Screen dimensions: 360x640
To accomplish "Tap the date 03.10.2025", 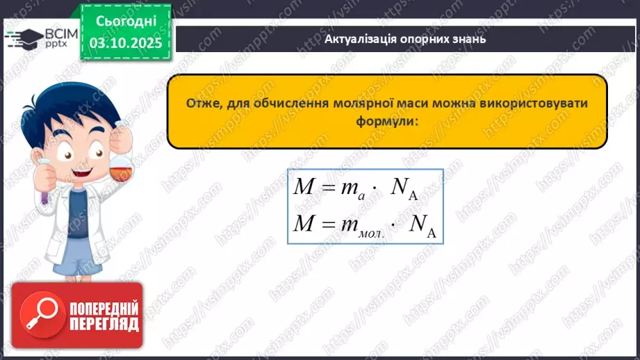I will pyautogui.click(x=126, y=43).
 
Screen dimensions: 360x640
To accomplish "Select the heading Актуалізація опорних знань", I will pyautogui.click(x=405, y=39).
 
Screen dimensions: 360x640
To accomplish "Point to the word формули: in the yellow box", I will pyautogui.click(x=388, y=120).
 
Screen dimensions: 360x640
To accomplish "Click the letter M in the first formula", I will pyautogui.click(x=304, y=189).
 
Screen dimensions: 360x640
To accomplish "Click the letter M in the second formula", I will pyautogui.click(x=304, y=223).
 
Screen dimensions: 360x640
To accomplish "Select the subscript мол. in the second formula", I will pyautogui.click(x=370, y=231).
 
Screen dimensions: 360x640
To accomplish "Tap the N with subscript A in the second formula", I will pyautogui.click(x=420, y=224).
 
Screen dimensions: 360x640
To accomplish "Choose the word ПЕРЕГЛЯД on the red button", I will pyautogui.click(x=104, y=325).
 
